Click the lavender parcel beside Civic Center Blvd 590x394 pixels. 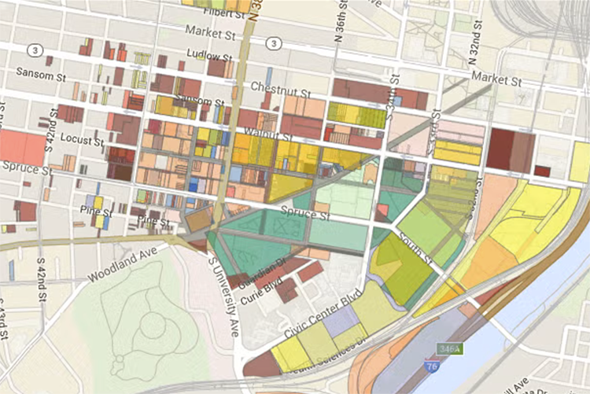[x=340, y=320]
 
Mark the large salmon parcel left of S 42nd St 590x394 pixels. [x=23, y=147]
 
